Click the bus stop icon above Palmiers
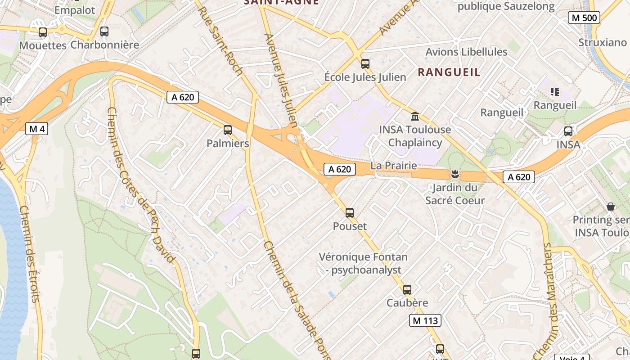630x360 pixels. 228,130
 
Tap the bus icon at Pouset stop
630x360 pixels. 350,213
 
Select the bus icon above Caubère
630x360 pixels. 407,290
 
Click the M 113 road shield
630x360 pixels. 425,320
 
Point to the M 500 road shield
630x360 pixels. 584,18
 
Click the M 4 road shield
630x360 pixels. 36,129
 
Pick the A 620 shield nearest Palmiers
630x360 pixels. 183,97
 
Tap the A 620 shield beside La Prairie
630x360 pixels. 340,169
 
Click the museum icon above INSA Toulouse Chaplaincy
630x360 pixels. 415,117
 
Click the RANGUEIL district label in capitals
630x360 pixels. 449,72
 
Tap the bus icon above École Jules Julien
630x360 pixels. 365,64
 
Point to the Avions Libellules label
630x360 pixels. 466,52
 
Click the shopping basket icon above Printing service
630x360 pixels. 611,207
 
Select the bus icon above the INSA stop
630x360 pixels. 568,131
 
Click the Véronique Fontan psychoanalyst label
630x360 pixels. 363,263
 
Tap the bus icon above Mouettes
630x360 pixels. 43,32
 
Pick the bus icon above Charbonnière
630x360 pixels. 104,31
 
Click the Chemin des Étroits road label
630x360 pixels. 30,254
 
